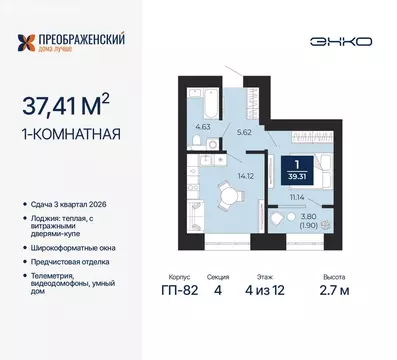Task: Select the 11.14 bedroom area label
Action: pyautogui.click(x=296, y=201)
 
